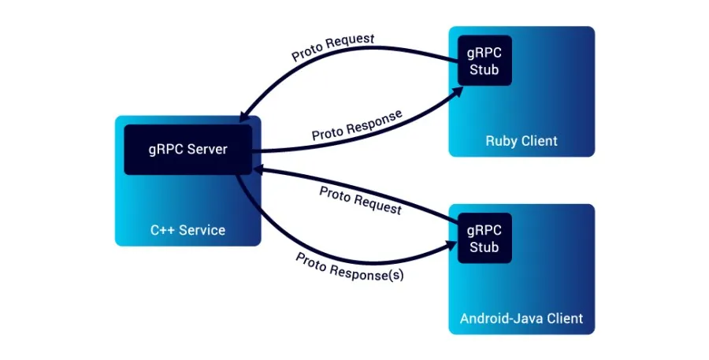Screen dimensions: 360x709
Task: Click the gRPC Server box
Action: [x=187, y=150]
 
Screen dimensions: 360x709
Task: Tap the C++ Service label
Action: [x=187, y=230]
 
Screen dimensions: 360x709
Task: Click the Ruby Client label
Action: [x=521, y=141]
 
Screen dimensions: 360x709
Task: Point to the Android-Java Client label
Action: [x=521, y=319]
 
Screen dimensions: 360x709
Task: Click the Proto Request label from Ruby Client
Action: [x=332, y=47]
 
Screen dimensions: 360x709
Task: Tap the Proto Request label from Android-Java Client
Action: [x=360, y=200]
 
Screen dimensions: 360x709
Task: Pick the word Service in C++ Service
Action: [x=200, y=230]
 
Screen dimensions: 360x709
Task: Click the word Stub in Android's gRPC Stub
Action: [x=484, y=247]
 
